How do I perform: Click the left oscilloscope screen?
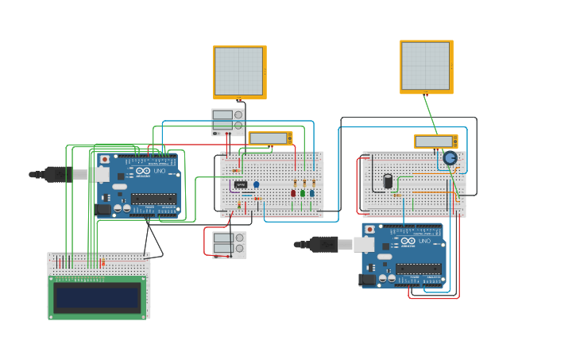(239, 72)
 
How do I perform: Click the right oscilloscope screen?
(426, 66)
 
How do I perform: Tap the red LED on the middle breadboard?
(293, 193)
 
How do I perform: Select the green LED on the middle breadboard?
(303, 193)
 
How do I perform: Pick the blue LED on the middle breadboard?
(311, 193)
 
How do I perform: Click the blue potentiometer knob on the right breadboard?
(450, 158)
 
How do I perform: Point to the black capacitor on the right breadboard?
(388, 181)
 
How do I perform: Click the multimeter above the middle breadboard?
(269, 138)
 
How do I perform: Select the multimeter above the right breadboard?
(435, 141)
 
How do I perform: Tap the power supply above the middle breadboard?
(227, 122)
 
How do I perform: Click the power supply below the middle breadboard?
(229, 244)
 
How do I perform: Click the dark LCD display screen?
(98, 297)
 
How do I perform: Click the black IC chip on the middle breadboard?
(241, 184)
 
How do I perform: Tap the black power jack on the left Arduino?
(102, 210)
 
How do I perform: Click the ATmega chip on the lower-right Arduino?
(418, 269)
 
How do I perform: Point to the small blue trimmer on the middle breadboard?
(256, 184)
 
